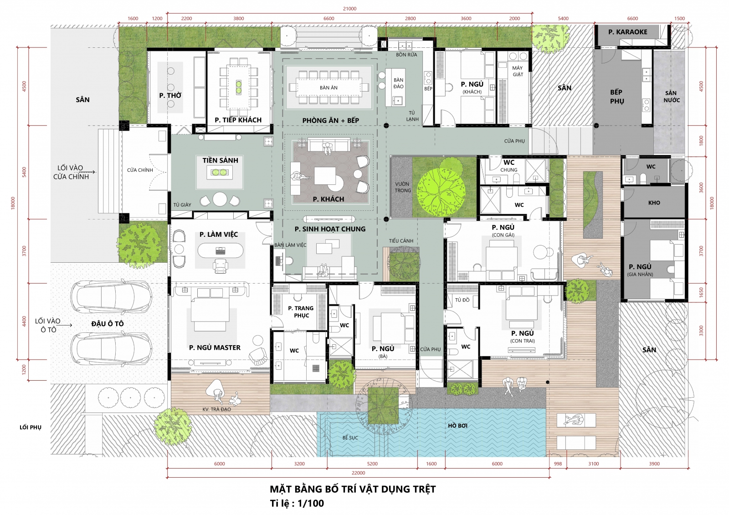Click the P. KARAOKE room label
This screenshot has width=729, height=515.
pyautogui.click(x=628, y=32)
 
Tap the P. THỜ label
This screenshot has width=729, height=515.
pyautogui.click(x=170, y=95)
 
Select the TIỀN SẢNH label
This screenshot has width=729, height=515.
pyautogui.click(x=221, y=160)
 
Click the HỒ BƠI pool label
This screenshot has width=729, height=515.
pyautogui.click(x=457, y=426)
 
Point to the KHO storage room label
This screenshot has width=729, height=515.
pyautogui.click(x=654, y=203)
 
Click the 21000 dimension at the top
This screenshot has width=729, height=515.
pyautogui.click(x=349, y=9)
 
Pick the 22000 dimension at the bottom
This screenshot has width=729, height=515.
pyautogui.click(x=358, y=473)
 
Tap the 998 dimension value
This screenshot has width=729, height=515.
pyautogui.click(x=558, y=464)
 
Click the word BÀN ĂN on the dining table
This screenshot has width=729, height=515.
pyautogui.click(x=329, y=87)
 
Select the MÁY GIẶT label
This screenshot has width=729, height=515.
pyautogui.click(x=518, y=71)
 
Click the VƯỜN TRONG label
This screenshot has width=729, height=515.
pyautogui.click(x=403, y=188)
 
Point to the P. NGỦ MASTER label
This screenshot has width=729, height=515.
pyautogui.click(x=215, y=347)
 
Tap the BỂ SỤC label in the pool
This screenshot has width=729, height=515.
pyautogui.click(x=350, y=438)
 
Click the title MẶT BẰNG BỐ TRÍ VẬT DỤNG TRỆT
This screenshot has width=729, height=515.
pyautogui.click(x=353, y=489)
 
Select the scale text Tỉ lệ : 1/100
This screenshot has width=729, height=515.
pyautogui.click(x=297, y=503)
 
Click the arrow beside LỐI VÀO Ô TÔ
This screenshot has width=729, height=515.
pyautogui.click(x=67, y=325)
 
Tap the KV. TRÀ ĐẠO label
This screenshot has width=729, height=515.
pyautogui.click(x=216, y=409)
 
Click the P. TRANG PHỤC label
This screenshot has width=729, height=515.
pyautogui.click(x=301, y=311)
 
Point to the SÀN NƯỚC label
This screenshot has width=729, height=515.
pyautogui.click(x=672, y=97)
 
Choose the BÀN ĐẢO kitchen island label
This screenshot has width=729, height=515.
pyautogui.click(x=398, y=83)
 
